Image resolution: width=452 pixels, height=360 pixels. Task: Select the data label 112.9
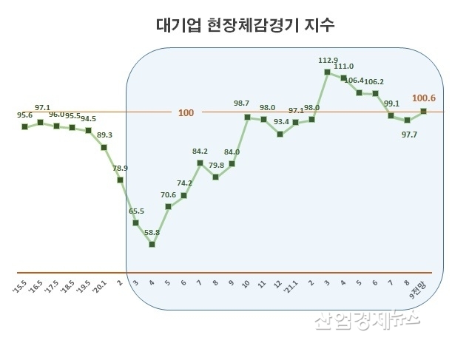pos(327,59)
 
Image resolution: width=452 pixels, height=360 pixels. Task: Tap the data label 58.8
pos(152,233)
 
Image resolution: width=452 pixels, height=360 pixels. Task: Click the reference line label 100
pos(186,112)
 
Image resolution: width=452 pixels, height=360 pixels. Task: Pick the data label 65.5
pos(136,211)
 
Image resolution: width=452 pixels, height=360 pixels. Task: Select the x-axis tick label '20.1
pos(101,286)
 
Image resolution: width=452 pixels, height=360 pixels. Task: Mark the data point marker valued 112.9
pos(327,72)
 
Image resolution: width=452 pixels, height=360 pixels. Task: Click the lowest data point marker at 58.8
pos(152,243)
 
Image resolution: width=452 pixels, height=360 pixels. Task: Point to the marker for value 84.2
pos(200,163)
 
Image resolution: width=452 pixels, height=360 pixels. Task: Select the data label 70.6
pos(169,195)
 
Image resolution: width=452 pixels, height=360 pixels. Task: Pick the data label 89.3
pos(104,135)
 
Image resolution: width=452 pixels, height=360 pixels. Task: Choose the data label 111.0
pos(344,66)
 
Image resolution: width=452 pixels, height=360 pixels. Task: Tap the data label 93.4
pos(280,121)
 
